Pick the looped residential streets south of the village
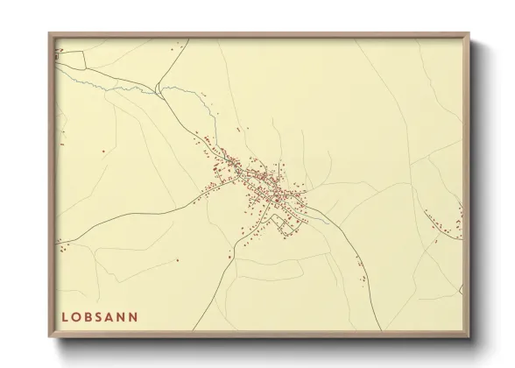(x=285, y=223)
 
